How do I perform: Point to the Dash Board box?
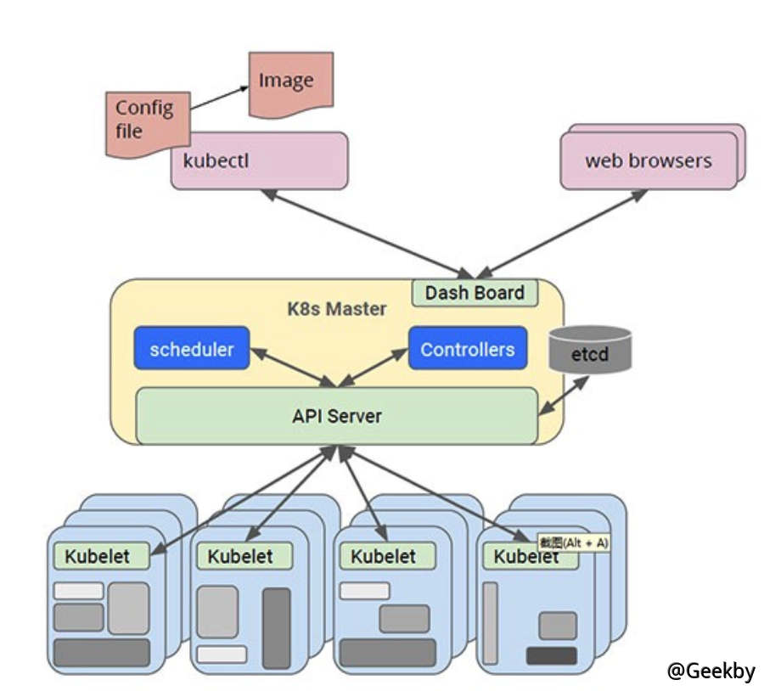click(x=475, y=293)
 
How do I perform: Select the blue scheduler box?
click(x=192, y=348)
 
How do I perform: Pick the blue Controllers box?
click(x=467, y=349)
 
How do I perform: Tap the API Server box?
click(x=337, y=416)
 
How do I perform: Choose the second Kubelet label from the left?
click(x=241, y=556)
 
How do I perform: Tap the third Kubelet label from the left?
click(x=384, y=556)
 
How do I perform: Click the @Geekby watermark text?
click(x=711, y=670)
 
